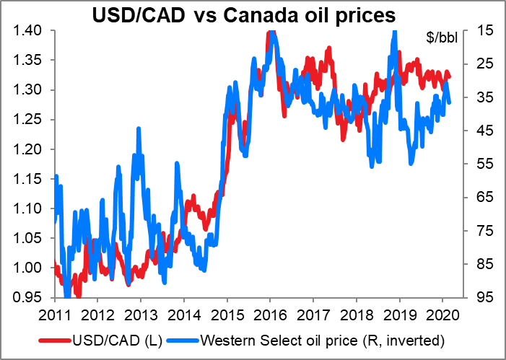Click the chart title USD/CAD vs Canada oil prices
pyautogui.click(x=252, y=14)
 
